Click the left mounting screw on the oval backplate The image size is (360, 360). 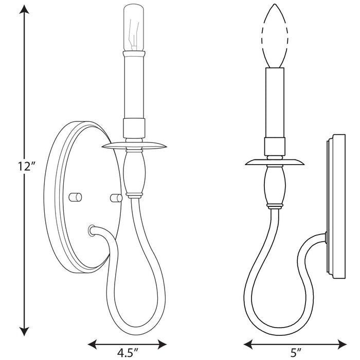[x=76, y=196]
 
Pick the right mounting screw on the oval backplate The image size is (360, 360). [x=115, y=196]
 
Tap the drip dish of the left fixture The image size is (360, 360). [x=134, y=147]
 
